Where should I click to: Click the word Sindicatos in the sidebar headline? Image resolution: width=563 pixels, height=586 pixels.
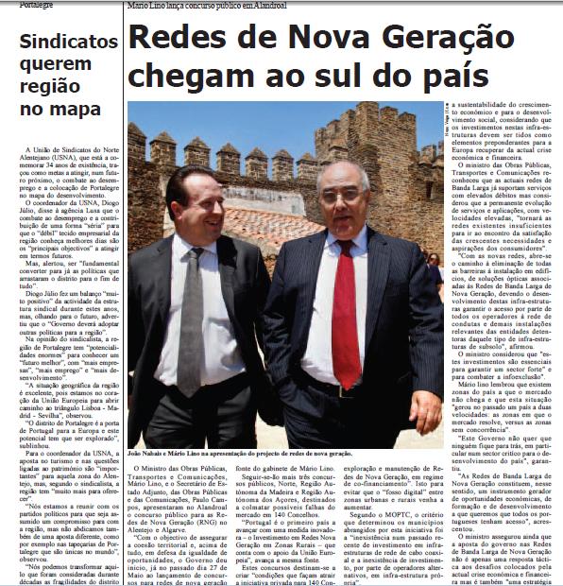click(x=62, y=42)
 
